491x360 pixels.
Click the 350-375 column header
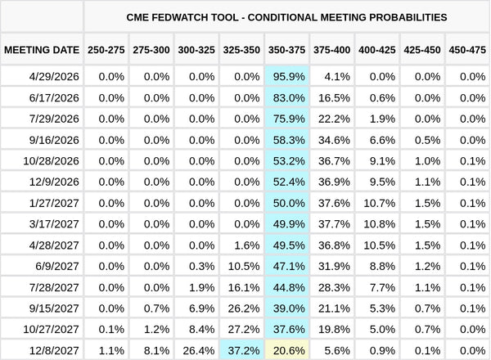[x=286, y=50]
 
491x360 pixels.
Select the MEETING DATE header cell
[x=42, y=50]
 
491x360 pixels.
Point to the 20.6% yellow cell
[x=286, y=349]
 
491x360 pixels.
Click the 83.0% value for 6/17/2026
[x=286, y=97]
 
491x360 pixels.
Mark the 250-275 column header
[x=106, y=50]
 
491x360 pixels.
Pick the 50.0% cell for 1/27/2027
[x=286, y=202]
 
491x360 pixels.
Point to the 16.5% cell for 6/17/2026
[x=331, y=97]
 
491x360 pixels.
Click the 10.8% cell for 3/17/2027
[x=376, y=223]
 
